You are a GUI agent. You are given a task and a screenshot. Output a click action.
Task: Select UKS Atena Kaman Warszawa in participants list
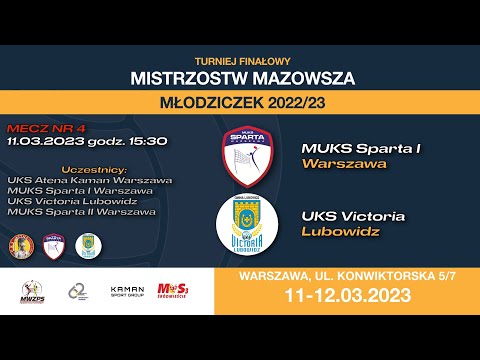point(89,180)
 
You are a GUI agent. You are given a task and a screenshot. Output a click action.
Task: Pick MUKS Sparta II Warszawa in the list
point(81,210)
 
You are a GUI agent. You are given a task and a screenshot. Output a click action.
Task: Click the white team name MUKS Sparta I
point(361,149)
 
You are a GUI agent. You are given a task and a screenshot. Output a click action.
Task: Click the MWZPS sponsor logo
point(33,291)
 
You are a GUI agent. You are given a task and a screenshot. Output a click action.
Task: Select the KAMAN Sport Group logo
point(127,292)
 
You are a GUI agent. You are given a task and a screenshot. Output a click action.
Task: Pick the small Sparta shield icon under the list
point(54,245)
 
